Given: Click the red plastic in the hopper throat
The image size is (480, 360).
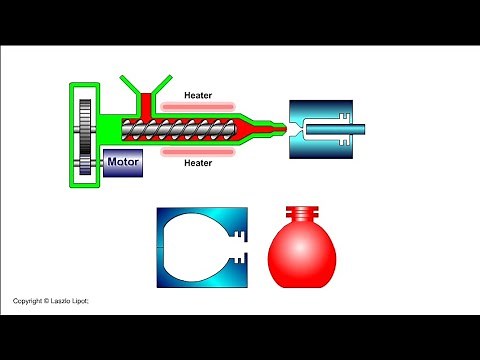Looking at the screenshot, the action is coord(144,102).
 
